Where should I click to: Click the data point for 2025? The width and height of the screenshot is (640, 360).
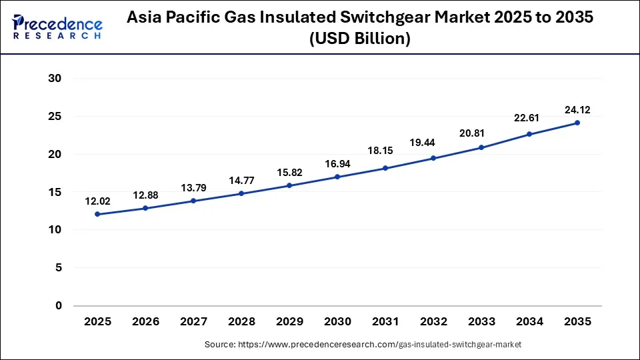[x=97, y=214]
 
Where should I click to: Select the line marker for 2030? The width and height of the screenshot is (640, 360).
[x=337, y=177]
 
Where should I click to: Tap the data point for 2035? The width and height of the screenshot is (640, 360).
[x=577, y=123]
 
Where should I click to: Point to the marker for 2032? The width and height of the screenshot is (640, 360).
[x=433, y=158]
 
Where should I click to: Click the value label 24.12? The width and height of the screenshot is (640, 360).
[x=577, y=109]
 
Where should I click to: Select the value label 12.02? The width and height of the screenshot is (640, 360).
[x=97, y=201]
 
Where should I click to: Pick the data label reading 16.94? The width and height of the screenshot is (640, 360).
[x=337, y=163]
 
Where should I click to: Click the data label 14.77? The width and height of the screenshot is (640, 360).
[x=241, y=180]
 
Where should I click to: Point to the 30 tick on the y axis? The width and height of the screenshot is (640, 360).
[x=55, y=79]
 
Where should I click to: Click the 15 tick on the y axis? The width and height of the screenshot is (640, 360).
[x=55, y=192]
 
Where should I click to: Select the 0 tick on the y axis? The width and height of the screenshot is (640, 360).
[x=58, y=306]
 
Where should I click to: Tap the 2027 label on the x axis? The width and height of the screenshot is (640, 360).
[x=193, y=322]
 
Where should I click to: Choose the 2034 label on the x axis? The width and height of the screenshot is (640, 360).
[x=529, y=322]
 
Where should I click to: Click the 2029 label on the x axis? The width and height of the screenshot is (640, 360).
[x=289, y=322]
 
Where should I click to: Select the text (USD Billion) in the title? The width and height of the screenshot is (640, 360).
[x=360, y=39]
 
